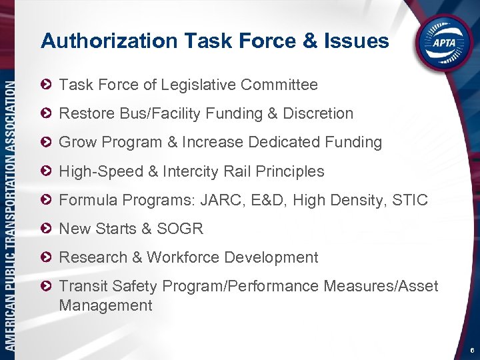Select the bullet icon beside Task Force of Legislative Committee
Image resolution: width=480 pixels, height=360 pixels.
tap(45, 85)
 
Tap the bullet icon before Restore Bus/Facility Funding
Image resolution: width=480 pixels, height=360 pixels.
tap(45, 114)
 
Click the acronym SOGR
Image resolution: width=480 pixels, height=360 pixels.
tap(180, 229)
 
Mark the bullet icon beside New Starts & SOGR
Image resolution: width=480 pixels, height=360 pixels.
tap(45, 229)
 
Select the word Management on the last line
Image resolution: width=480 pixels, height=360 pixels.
tap(105, 306)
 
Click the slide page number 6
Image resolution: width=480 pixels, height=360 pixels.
tap(471, 349)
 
